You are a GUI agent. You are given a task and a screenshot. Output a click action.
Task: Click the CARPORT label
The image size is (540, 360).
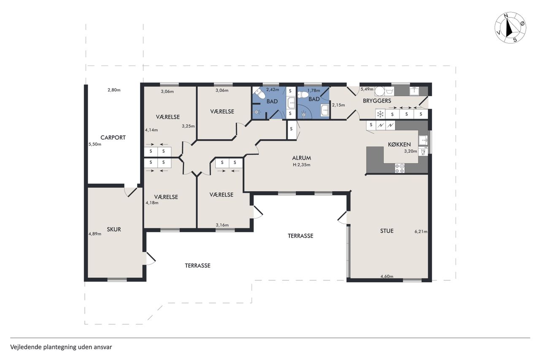pos(113,138)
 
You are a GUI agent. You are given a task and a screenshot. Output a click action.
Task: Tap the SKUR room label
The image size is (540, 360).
pos(114,229)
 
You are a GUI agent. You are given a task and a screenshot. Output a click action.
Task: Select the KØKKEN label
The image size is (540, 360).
pos(399,144)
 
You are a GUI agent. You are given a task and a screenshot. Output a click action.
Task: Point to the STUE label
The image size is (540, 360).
pos(387,231)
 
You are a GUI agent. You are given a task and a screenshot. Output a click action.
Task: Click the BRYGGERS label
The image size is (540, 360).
pos(377,101)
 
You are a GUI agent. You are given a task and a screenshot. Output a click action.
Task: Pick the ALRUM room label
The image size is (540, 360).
pos(301,158)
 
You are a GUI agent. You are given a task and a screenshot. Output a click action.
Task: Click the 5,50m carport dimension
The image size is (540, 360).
pos(95,144)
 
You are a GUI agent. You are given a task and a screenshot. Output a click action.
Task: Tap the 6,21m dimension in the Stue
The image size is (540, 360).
pos(421,231)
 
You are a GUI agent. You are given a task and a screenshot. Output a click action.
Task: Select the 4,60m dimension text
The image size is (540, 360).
pos(387,276)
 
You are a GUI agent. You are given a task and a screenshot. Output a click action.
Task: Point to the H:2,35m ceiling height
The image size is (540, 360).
pos(301,165)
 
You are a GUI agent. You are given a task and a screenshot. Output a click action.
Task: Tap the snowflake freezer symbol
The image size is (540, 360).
pos(380,114)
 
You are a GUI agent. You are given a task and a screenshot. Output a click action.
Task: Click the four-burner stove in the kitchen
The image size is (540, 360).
pos(400,168)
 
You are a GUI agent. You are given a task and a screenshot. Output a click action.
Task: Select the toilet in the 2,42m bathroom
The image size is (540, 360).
pos(259,93)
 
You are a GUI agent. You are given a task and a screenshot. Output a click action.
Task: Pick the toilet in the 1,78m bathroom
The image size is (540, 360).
pos(303,95)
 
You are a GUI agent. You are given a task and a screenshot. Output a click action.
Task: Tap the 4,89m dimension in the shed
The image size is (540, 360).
pos(95,234)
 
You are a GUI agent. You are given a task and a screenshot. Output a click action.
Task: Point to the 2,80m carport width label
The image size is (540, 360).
pos(114,90)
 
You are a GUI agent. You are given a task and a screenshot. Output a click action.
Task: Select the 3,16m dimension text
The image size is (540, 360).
pos(222,225)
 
